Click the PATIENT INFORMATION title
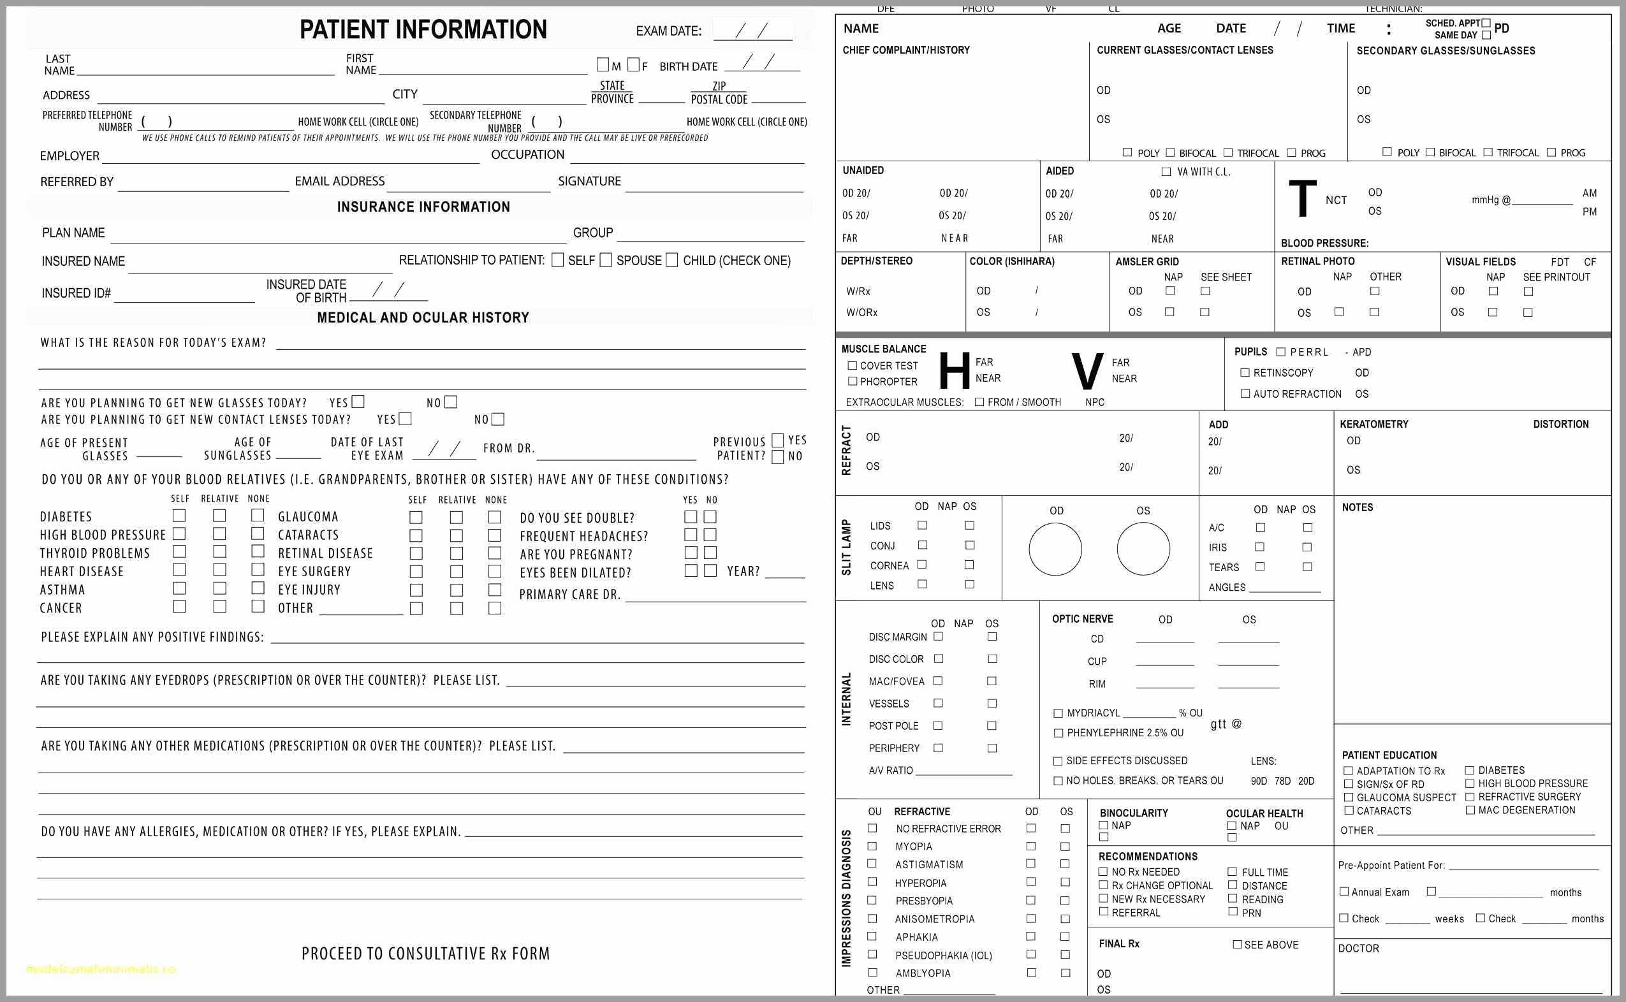(423, 30)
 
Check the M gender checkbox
(603, 65)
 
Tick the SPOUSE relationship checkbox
(605, 260)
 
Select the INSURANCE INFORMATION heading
(423, 207)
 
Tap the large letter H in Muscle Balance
(954, 371)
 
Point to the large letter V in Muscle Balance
(1087, 372)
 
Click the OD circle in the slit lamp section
(1055, 549)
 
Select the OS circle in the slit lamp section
(1143, 549)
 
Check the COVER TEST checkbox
(853, 366)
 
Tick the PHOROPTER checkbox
(853, 382)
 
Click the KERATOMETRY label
(1373, 424)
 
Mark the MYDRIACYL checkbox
(1058, 714)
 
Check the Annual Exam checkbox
(1344, 892)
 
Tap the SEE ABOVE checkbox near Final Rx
(1237, 945)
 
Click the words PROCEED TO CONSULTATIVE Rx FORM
(425, 954)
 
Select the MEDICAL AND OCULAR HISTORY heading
(423, 317)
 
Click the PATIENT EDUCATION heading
(1389, 755)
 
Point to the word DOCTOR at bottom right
(1358, 948)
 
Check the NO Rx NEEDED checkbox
(1103, 872)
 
